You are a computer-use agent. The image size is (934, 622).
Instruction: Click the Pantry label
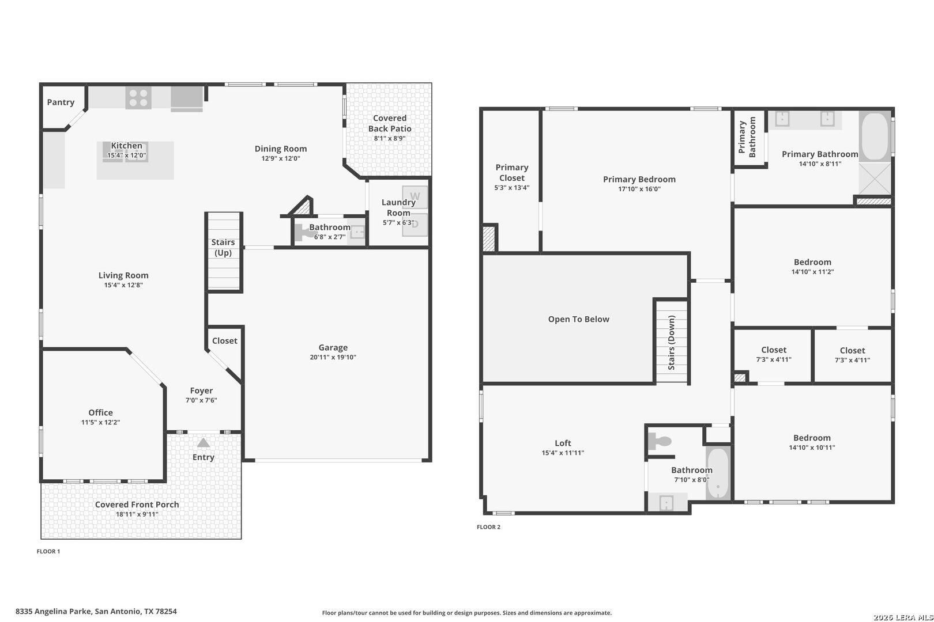(x=61, y=103)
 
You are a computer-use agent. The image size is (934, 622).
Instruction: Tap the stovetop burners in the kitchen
(x=138, y=97)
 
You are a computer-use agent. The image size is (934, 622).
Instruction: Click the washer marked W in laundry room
(x=415, y=196)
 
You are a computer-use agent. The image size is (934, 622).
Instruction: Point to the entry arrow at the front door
(x=203, y=443)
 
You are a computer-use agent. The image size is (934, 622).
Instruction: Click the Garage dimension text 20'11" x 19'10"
(x=333, y=357)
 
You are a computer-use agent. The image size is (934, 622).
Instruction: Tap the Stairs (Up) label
(x=223, y=248)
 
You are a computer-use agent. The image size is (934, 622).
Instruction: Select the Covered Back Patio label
(x=390, y=123)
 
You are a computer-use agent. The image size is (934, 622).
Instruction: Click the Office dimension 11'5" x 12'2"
(x=100, y=422)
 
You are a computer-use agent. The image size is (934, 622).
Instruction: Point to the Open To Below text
(x=578, y=319)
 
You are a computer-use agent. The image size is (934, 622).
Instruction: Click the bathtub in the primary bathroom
(x=875, y=136)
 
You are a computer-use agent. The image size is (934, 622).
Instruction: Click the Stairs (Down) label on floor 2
(x=672, y=342)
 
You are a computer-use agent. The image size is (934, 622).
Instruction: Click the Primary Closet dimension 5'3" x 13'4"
(x=511, y=188)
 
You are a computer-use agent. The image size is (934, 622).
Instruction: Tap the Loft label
(x=563, y=443)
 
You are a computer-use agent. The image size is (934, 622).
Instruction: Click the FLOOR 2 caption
(x=488, y=527)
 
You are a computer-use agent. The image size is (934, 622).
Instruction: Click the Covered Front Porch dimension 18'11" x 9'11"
(x=137, y=514)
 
